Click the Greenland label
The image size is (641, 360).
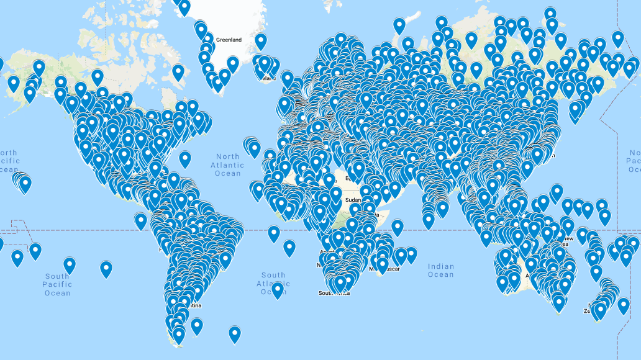[228, 40]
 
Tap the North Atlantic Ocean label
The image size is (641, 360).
[227, 165]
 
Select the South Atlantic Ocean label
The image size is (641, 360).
[273, 283]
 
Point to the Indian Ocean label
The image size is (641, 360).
[440, 270]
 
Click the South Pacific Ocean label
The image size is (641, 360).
[57, 284]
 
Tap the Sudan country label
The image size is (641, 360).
[353, 200]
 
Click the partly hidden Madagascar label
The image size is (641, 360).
[389, 269]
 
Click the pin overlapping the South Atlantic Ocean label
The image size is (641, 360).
[277, 290]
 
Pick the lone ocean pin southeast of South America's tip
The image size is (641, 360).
[234, 334]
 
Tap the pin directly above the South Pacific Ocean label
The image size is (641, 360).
[70, 265]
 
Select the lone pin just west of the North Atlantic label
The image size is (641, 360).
[184, 159]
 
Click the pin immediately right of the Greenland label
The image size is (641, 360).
[260, 41]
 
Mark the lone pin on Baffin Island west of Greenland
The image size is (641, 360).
[178, 72]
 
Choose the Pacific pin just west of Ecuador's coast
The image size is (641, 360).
[141, 220]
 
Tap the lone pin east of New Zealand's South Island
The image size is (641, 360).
[622, 305]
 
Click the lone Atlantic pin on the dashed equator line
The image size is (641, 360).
[274, 233]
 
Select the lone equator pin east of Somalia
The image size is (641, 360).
[397, 227]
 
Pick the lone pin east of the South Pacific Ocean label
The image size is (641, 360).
[106, 269]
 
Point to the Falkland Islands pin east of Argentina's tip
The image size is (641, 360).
[197, 325]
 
